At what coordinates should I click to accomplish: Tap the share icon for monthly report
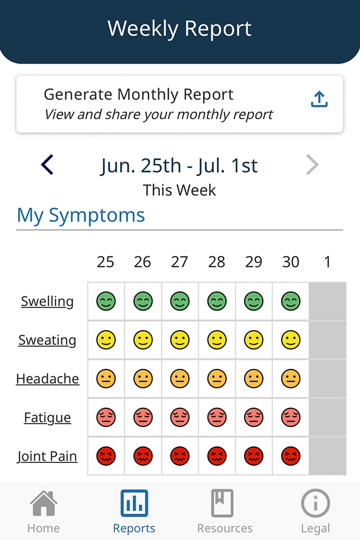[x=319, y=99]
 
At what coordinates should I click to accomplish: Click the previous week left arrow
[x=47, y=165]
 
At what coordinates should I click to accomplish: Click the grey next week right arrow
[x=312, y=165]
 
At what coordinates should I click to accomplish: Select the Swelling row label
[x=47, y=301]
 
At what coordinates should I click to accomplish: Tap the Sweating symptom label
[x=47, y=340]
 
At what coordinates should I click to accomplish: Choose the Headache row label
[x=47, y=379]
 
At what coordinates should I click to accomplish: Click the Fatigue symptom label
[x=47, y=417]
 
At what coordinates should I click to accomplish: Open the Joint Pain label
[x=47, y=456]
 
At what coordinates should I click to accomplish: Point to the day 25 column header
[x=105, y=262]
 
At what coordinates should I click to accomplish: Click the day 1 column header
[x=327, y=262]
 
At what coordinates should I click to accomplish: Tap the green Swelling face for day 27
[x=179, y=301]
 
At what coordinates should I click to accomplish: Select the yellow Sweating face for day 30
[x=291, y=340]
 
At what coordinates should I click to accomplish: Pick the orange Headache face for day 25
[x=106, y=379]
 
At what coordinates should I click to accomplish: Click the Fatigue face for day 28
[x=217, y=417]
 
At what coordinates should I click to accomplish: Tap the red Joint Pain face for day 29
[x=254, y=456]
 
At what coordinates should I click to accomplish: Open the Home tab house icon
[x=43, y=503]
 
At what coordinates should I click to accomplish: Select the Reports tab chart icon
[x=134, y=503]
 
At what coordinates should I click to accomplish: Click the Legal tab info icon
[x=315, y=503]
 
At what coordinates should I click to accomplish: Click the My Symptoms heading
[x=81, y=215]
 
